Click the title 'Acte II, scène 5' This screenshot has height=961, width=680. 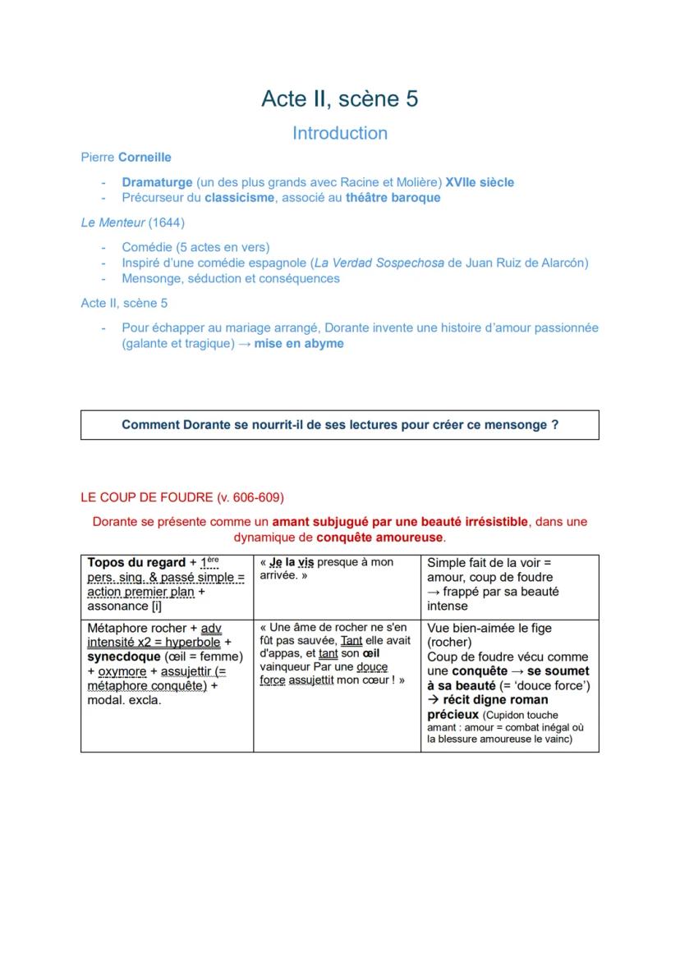point(339,98)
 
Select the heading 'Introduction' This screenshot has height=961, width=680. point(339,133)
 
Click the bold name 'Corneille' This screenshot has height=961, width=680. point(145,157)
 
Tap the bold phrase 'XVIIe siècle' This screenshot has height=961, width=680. point(480,182)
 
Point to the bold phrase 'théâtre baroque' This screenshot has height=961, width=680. point(393,198)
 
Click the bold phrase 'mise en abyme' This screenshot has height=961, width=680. point(299,344)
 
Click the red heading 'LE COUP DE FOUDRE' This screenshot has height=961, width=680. point(147,498)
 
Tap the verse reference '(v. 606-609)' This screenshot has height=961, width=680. point(250,498)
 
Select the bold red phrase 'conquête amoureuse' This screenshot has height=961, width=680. point(379,538)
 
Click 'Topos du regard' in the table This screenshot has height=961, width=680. point(136,563)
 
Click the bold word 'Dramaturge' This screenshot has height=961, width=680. point(157,182)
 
